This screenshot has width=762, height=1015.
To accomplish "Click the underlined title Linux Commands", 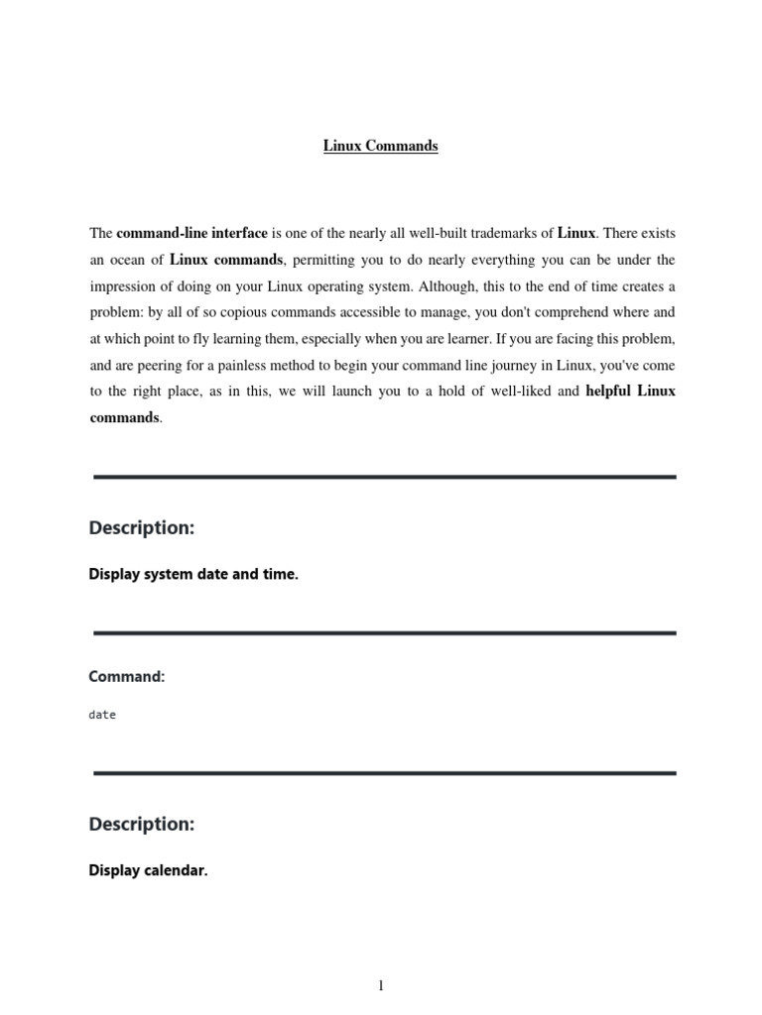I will (381, 146).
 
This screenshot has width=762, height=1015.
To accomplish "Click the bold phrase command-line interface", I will (191, 233).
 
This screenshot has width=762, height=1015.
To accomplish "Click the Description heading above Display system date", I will (142, 528).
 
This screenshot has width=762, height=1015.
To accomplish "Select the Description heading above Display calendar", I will (142, 824).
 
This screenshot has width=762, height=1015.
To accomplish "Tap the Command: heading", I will (126, 676).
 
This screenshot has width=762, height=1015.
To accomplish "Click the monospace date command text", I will (102, 715).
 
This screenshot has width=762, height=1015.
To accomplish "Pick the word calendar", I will (173, 872).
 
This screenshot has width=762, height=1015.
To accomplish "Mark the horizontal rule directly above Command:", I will (384, 632).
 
